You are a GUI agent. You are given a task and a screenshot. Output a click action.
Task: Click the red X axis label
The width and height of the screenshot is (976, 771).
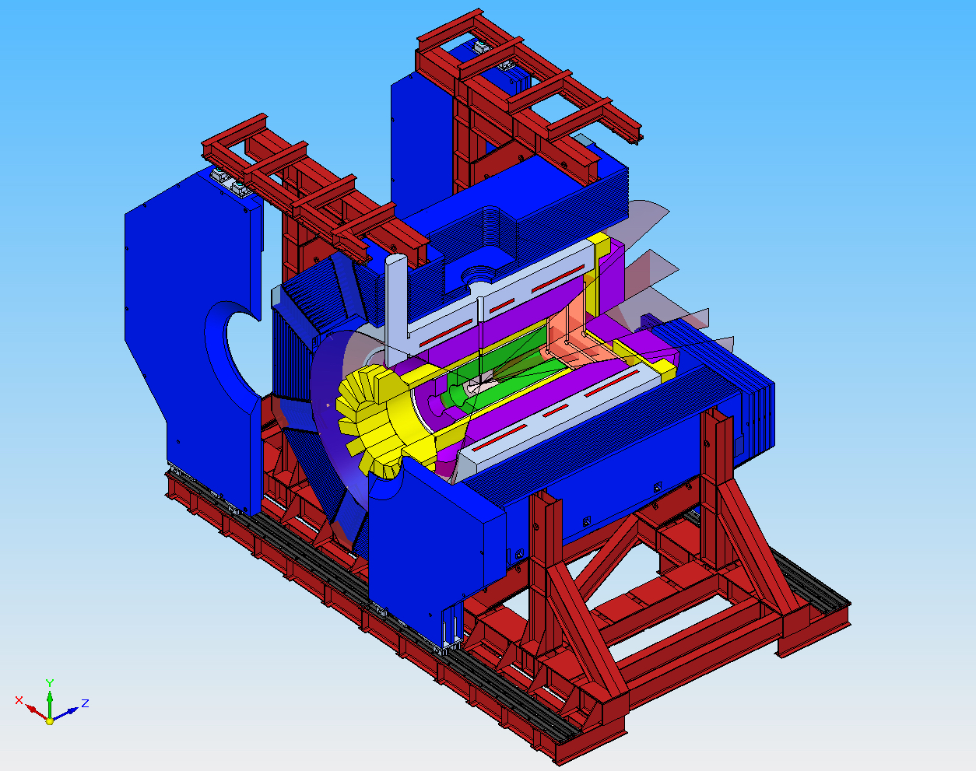(19, 700)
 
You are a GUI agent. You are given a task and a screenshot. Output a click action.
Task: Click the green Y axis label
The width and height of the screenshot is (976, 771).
(50, 684)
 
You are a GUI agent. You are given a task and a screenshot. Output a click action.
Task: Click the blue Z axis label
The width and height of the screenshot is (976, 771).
(85, 703)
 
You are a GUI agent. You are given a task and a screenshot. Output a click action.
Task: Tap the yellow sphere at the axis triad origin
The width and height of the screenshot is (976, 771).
(50, 720)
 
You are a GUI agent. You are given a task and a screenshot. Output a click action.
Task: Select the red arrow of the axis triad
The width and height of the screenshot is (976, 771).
(36, 711)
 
